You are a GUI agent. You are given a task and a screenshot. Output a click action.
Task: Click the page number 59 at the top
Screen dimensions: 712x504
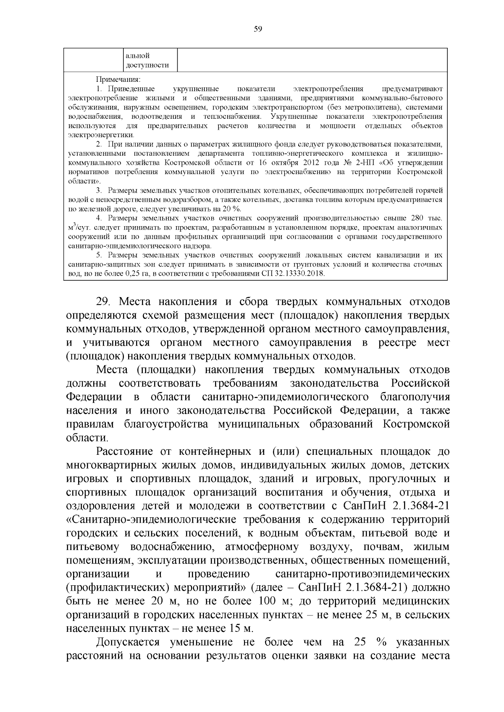(x=258, y=29)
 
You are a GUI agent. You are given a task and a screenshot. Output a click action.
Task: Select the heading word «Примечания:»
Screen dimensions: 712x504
(x=118, y=80)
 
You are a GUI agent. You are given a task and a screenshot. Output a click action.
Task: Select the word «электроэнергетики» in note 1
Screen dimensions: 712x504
(x=101, y=135)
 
